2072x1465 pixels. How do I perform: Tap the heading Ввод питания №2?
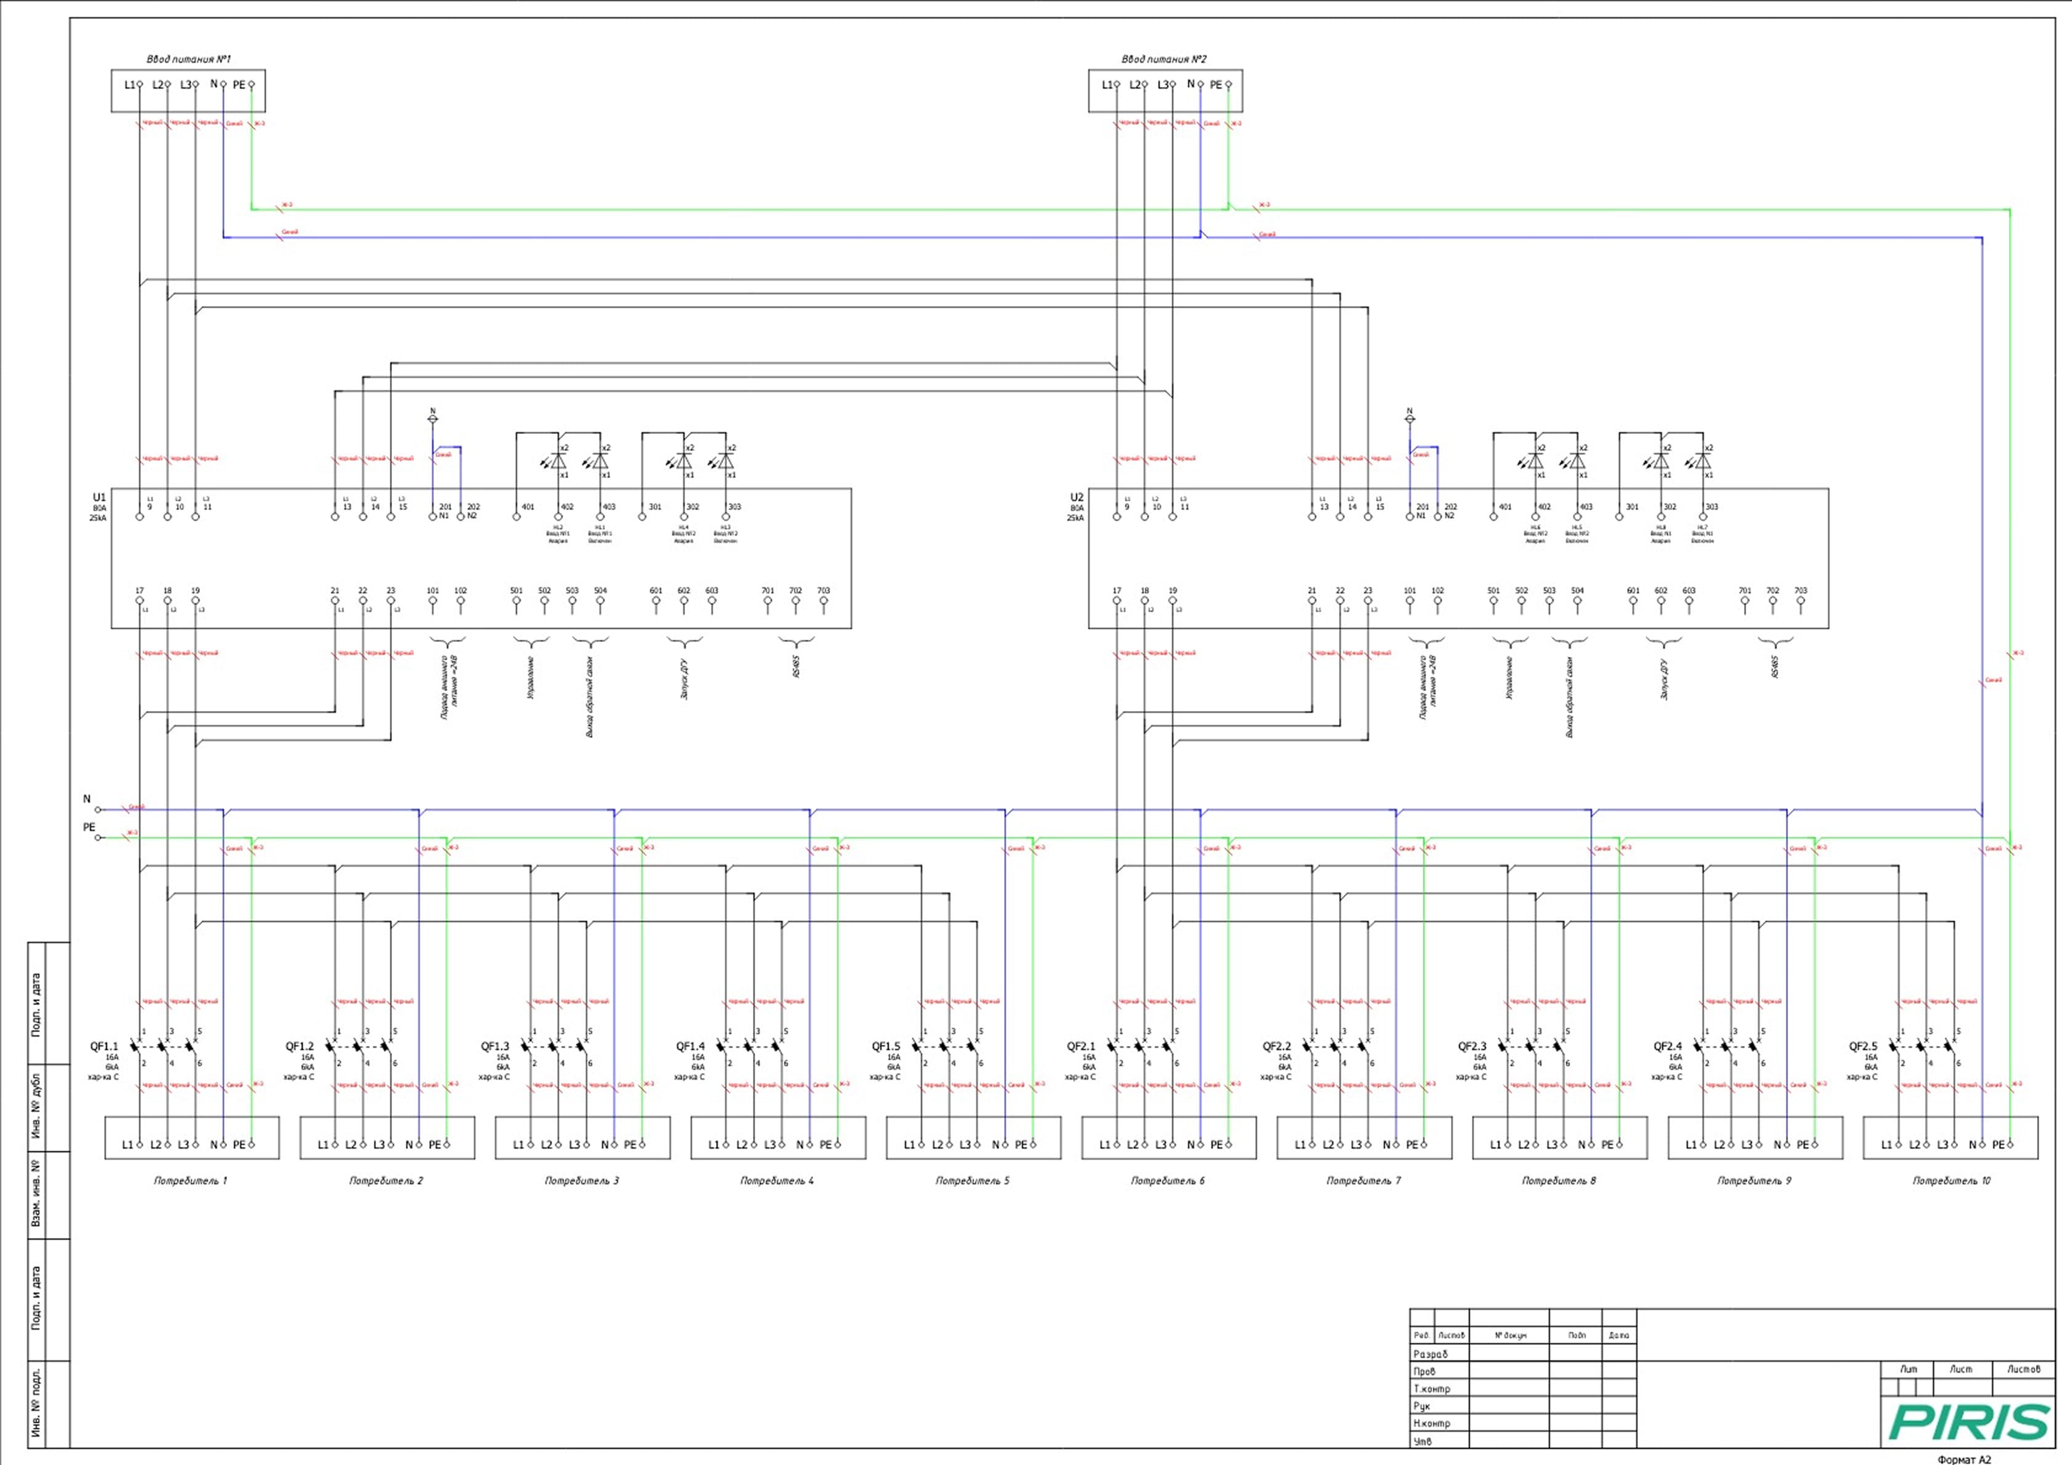pyautogui.click(x=1164, y=60)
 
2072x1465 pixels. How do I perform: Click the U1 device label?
pyautogui.click(x=99, y=497)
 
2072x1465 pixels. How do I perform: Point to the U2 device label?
pyautogui.click(x=1077, y=497)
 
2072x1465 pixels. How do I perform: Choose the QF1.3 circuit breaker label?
pyautogui.click(x=496, y=1047)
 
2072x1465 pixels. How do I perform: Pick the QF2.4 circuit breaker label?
pyautogui.click(x=1668, y=1047)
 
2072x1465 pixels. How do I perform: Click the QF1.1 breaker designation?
pyautogui.click(x=104, y=1047)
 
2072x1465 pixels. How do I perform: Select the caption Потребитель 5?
pyautogui.click(x=972, y=1181)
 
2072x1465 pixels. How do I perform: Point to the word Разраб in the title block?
pyautogui.click(x=1431, y=1355)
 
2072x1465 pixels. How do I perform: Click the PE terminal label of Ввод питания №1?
pyautogui.click(x=238, y=85)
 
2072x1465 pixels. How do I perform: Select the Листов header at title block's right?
pyautogui.click(x=2023, y=1370)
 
